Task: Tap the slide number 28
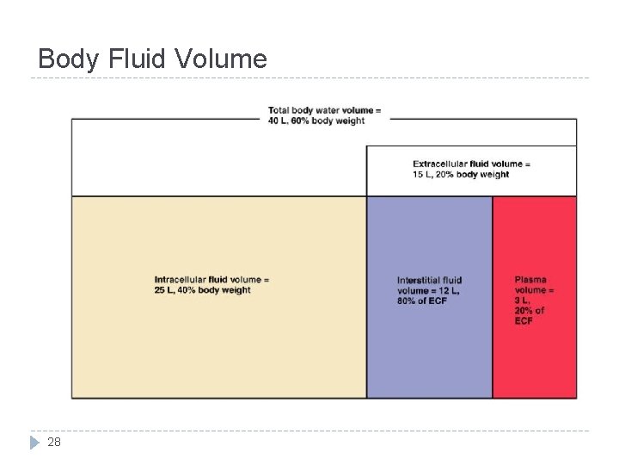tap(54, 442)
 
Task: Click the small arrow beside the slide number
tap(34, 443)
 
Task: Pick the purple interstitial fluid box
tap(429, 353)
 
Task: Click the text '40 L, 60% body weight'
tap(316, 121)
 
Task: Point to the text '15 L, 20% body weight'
tap(461, 174)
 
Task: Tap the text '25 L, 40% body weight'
tap(203, 290)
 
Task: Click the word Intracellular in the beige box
tap(180, 279)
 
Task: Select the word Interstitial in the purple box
tap(418, 280)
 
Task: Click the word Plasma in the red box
tap(530, 279)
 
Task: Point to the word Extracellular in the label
tap(439, 164)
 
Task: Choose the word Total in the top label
tap(279, 110)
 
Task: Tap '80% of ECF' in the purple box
tap(422, 301)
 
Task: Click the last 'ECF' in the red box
tap(524, 321)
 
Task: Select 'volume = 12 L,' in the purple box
tap(428, 290)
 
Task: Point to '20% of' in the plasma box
tap(530, 311)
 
